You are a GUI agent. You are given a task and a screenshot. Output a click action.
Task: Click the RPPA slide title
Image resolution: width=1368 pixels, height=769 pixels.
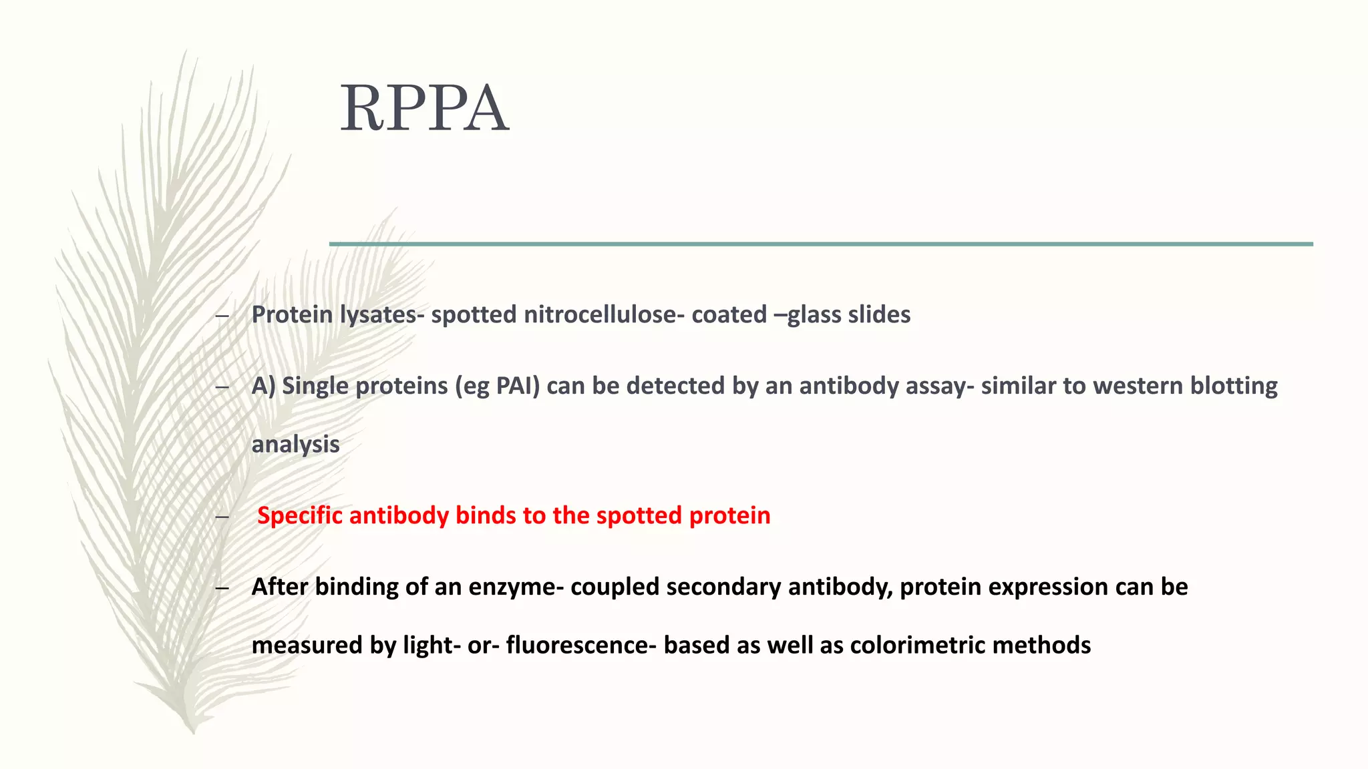425,109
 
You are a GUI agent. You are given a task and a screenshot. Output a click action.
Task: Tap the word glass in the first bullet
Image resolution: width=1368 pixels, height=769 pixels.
814,314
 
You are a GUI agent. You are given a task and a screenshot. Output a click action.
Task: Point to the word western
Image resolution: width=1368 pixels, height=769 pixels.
1138,386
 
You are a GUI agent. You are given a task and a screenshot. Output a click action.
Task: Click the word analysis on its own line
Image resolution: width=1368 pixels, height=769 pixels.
295,445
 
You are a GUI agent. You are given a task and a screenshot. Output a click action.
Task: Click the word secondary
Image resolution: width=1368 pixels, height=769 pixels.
723,587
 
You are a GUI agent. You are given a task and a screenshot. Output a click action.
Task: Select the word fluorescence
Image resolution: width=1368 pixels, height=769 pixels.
576,646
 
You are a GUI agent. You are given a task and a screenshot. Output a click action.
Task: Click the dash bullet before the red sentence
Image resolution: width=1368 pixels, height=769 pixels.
223,516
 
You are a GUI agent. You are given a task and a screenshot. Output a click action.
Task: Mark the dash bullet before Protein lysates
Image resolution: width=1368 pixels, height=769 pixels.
223,315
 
